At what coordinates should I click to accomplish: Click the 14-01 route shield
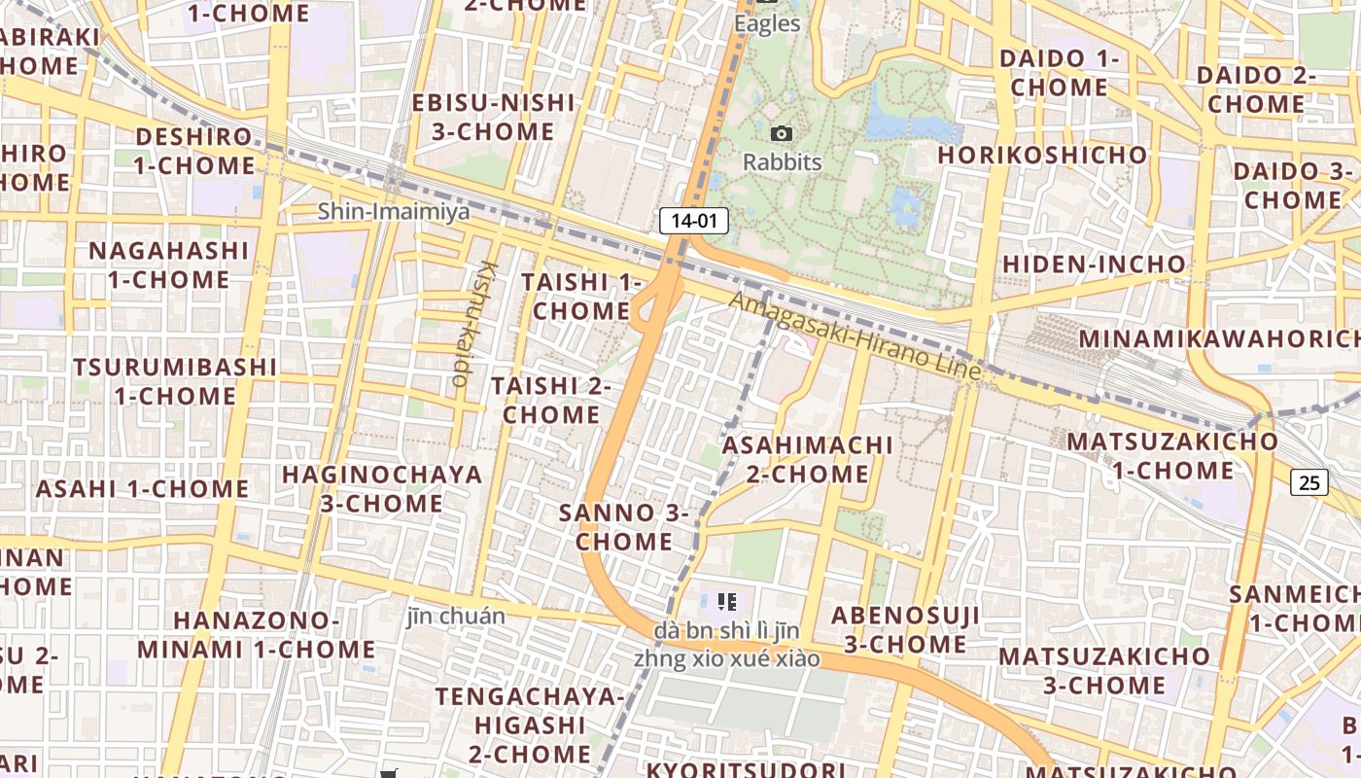point(694,221)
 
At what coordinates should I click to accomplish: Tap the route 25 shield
point(1310,481)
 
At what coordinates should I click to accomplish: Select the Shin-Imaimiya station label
point(394,211)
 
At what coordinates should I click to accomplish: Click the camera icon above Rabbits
point(781,133)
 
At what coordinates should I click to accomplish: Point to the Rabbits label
point(783,161)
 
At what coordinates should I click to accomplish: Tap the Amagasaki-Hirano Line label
point(855,336)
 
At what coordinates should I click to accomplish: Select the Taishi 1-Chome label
point(581,297)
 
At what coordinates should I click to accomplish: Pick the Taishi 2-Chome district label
point(551,400)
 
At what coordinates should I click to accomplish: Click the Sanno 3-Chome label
point(624,526)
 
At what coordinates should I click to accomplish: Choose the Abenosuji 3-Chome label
point(905,629)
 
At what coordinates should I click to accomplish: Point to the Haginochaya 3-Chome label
point(382,488)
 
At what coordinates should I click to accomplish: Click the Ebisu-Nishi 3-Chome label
point(495,117)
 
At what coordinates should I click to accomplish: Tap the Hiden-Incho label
point(1095,264)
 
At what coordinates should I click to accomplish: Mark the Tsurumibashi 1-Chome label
point(175,381)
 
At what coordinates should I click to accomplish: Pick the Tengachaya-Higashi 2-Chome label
point(530,725)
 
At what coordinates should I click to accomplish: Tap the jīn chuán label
point(457,617)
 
